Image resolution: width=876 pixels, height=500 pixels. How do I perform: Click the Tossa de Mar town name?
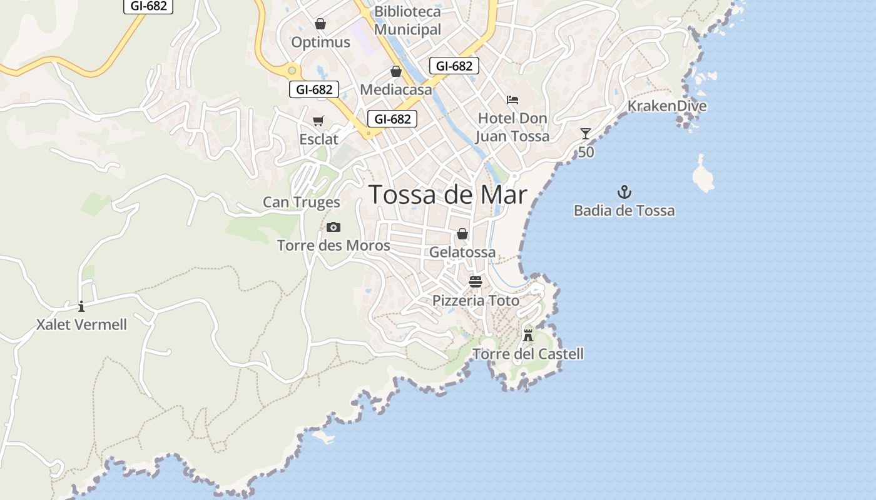pyautogui.click(x=447, y=195)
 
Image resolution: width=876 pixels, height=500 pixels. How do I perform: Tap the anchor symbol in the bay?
pyautogui.click(x=624, y=192)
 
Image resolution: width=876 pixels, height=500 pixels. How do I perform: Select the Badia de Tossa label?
pyautogui.click(x=624, y=211)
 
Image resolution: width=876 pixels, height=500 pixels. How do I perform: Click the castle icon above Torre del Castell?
pyautogui.click(x=528, y=336)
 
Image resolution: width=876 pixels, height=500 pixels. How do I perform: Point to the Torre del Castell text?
pyautogui.click(x=528, y=354)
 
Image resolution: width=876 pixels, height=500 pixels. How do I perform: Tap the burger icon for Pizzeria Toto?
pyautogui.click(x=476, y=281)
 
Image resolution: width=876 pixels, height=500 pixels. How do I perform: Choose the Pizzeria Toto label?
pyautogui.click(x=476, y=301)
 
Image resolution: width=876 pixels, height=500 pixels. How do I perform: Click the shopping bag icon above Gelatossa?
pyautogui.click(x=462, y=234)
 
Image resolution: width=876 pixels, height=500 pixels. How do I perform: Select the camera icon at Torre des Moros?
pyautogui.click(x=334, y=227)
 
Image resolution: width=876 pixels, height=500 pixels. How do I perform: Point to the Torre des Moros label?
pyautogui.click(x=334, y=246)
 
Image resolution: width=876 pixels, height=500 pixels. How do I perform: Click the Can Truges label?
pyautogui.click(x=301, y=202)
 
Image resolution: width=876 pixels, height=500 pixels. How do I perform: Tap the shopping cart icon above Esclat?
pyautogui.click(x=318, y=121)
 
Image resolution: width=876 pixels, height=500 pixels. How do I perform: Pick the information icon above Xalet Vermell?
pyautogui.click(x=81, y=306)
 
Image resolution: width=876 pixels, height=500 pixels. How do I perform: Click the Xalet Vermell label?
pyautogui.click(x=81, y=325)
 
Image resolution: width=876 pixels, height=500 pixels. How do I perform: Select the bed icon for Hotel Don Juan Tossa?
pyautogui.click(x=512, y=100)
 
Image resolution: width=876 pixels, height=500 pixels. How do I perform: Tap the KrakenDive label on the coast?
pyautogui.click(x=667, y=106)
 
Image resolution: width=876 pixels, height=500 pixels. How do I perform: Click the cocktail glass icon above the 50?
pyautogui.click(x=585, y=134)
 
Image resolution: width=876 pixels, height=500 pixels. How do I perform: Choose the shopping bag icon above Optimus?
pyautogui.click(x=320, y=24)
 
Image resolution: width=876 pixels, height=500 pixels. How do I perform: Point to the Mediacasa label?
pyautogui.click(x=395, y=89)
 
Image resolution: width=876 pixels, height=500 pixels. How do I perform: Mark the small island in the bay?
pyautogui.click(x=703, y=175)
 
